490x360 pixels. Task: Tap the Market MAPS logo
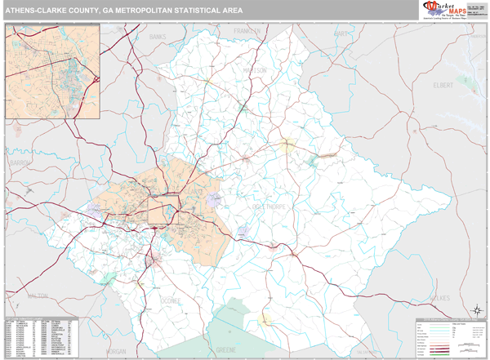450,10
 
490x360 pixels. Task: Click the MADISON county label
254,70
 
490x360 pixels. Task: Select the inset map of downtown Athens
52,71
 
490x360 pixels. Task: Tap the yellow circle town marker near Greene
264,319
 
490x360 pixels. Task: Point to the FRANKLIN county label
245,31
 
